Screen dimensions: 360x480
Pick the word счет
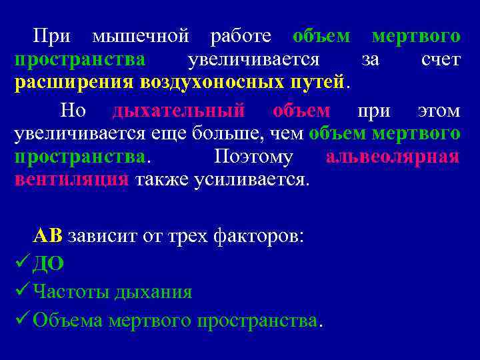pyautogui.click(x=441, y=60)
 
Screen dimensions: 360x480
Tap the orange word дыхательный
pyautogui.click(x=178, y=109)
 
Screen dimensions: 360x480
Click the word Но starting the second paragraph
pyautogui.click(x=73, y=109)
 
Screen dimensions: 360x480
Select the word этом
pyautogui.click(x=439, y=109)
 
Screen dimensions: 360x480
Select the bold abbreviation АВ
pyautogui.click(x=48, y=236)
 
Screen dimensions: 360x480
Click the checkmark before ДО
pyautogui.click(x=22, y=263)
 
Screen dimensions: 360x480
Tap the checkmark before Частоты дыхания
pyautogui.click(x=22, y=291)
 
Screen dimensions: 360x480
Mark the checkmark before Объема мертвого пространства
pyautogui.click(x=22, y=320)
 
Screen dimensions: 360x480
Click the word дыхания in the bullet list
pyautogui.click(x=153, y=292)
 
